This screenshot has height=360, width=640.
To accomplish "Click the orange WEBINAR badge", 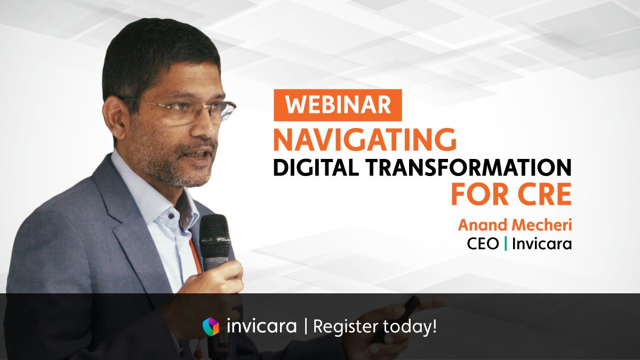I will pos(338,105).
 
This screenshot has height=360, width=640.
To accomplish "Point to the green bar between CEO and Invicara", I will pos(506,245).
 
